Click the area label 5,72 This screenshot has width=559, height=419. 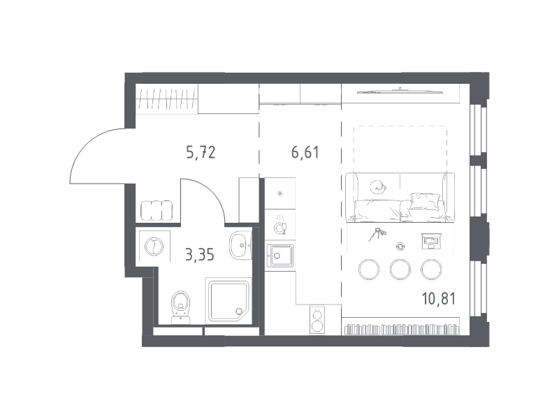tap(201, 152)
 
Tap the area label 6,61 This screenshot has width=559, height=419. tap(305, 152)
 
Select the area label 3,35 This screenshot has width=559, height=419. tap(200, 255)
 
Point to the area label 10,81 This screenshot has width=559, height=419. tap(439, 299)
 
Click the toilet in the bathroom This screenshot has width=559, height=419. tap(181, 307)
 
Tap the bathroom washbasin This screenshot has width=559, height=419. tap(240, 246)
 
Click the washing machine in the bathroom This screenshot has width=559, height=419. tap(154, 247)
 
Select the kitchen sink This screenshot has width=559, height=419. tap(281, 256)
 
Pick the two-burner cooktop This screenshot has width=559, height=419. tap(317, 320)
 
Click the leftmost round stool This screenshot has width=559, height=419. tap(369, 270)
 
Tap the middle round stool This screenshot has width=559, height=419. tap(400, 270)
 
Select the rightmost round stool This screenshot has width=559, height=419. tap(431, 270)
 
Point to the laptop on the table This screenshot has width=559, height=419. tap(431, 241)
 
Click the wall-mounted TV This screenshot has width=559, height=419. tap(400, 91)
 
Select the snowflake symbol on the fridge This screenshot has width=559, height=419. tap(280, 194)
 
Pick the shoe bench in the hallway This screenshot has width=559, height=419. tap(157, 211)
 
